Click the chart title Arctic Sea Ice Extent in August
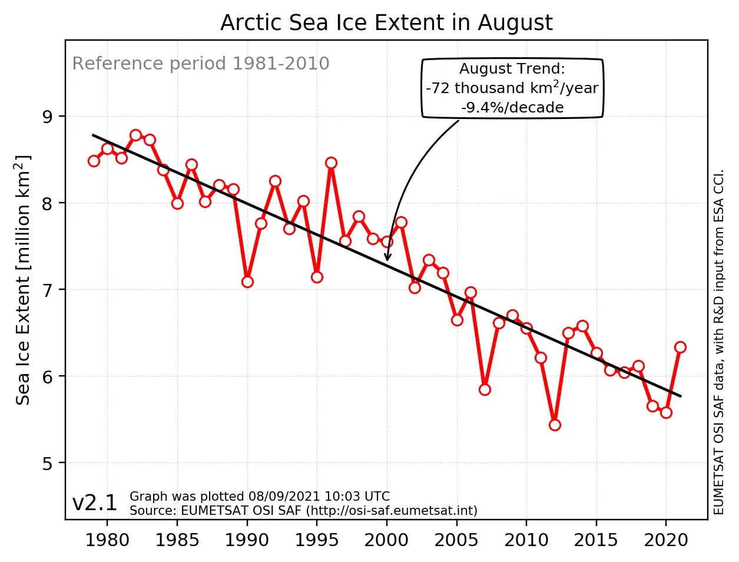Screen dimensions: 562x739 click(x=386, y=23)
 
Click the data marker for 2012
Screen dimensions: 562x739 click(x=555, y=425)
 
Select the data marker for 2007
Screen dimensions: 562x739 click(x=485, y=389)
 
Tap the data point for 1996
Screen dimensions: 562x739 click(x=331, y=163)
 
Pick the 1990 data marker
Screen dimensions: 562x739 click(x=247, y=282)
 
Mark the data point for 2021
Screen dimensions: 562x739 click(x=680, y=347)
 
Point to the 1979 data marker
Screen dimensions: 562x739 click(x=94, y=161)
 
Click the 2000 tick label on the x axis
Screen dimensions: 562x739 click(x=387, y=540)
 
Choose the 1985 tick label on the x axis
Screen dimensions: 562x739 click(x=177, y=540)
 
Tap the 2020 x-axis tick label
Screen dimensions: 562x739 click(x=666, y=540)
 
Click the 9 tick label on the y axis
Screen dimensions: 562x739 click(x=47, y=117)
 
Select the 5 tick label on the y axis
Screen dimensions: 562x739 click(x=47, y=463)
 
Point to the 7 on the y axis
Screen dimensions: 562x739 click(x=47, y=290)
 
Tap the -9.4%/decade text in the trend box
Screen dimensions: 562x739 click(x=512, y=108)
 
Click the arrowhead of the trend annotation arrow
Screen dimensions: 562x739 click(x=387, y=258)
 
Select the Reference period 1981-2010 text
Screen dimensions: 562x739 click(x=200, y=64)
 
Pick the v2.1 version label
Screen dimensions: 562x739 click(x=94, y=503)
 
